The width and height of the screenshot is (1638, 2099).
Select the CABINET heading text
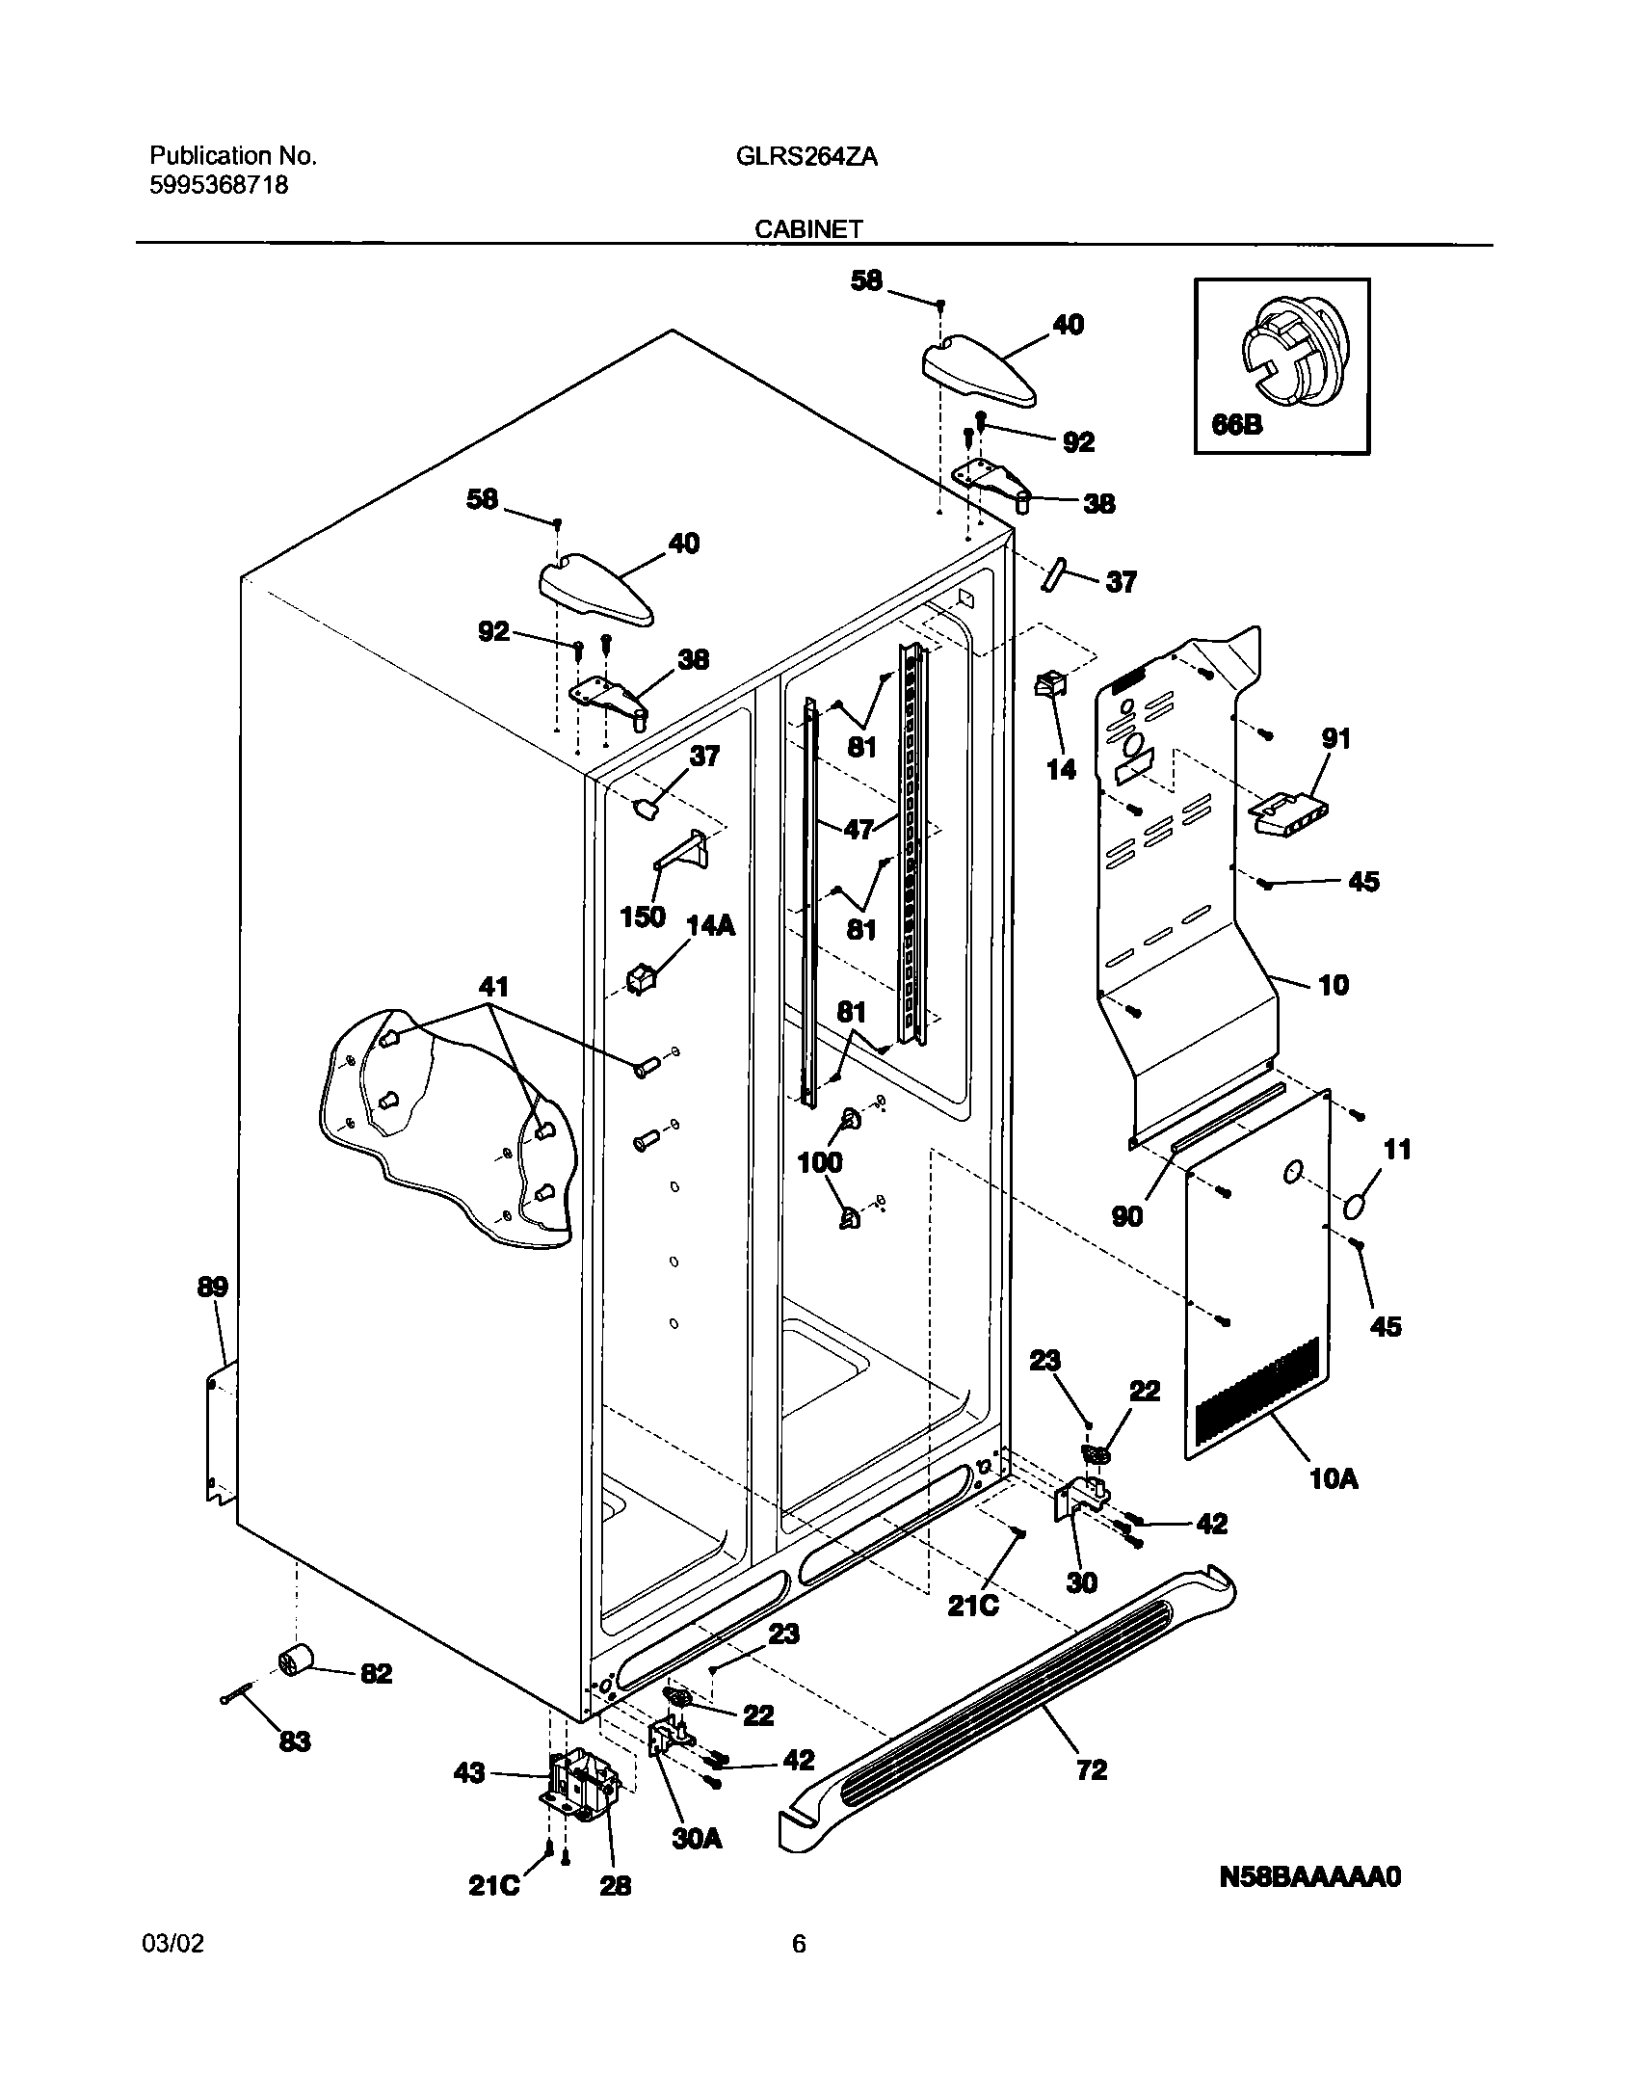click(x=807, y=229)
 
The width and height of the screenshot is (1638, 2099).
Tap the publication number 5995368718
click(x=219, y=185)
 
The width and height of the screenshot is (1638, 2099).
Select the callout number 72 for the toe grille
click(x=1092, y=1770)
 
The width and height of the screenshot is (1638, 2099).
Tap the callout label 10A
click(x=1334, y=1478)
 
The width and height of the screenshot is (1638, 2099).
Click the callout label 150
click(x=643, y=916)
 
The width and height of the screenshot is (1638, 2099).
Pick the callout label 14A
click(x=710, y=926)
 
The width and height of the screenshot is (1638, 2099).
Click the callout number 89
click(x=213, y=1288)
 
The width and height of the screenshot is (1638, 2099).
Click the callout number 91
click(x=1335, y=739)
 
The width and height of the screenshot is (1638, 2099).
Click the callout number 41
click(x=493, y=987)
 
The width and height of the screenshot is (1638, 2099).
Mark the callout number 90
click(x=1126, y=1216)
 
